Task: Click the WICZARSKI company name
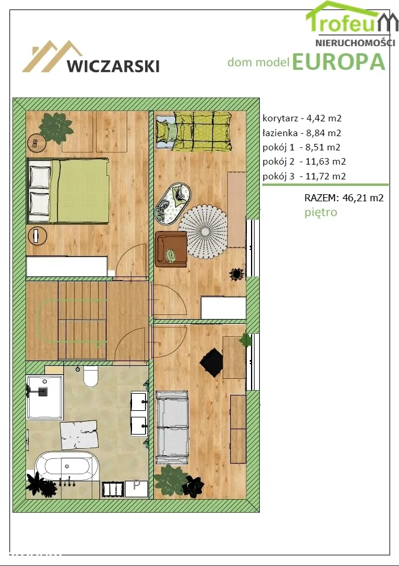click(x=113, y=66)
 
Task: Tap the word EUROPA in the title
click(x=339, y=62)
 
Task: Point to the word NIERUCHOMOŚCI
click(x=355, y=43)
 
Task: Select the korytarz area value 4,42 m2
click(x=324, y=118)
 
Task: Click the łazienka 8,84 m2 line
click(x=302, y=133)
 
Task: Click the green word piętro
click(x=321, y=212)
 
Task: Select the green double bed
click(x=69, y=191)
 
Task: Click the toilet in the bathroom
click(x=91, y=376)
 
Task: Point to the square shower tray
click(x=45, y=397)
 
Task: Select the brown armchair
click(x=171, y=249)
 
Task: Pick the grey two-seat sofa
click(x=172, y=427)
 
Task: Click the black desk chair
click(x=211, y=362)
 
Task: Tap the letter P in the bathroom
click(x=137, y=485)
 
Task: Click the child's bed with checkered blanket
click(x=194, y=131)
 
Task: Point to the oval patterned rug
click(x=173, y=204)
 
